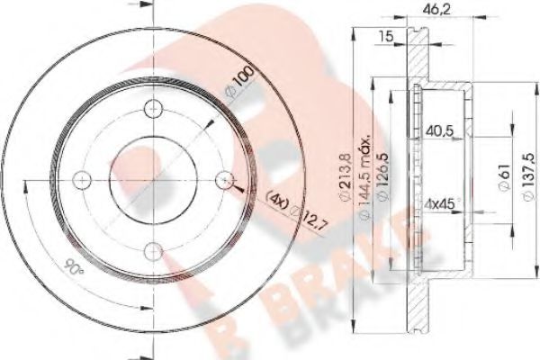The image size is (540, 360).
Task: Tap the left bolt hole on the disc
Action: coord(81,180)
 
